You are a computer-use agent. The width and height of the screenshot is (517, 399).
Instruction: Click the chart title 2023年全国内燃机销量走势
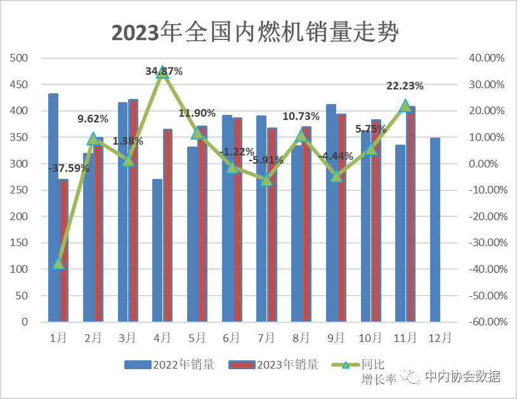tap(254, 32)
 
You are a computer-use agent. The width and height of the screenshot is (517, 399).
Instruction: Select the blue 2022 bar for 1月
tap(53, 209)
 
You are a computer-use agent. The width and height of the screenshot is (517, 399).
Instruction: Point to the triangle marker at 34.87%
tap(162, 72)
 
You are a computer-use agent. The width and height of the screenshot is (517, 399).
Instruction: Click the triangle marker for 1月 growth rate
tap(58, 263)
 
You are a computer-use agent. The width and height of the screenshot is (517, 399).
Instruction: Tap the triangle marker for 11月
tap(405, 105)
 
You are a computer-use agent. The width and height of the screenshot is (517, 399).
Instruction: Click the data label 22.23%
tap(405, 86)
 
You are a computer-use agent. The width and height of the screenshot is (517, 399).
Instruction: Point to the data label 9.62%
tap(93, 119)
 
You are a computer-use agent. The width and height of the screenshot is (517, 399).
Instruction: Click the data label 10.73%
tap(301, 116)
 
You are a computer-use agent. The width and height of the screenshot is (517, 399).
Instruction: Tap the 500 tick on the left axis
tap(20, 58)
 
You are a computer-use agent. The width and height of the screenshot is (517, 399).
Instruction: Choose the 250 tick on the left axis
tap(20, 190)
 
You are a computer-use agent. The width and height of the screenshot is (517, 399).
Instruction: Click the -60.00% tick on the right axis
tap(485, 322)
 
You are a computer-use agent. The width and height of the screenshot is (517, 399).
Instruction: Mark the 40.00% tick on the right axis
tap(487, 58)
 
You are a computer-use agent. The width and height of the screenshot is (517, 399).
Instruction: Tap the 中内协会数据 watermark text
tap(462, 376)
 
